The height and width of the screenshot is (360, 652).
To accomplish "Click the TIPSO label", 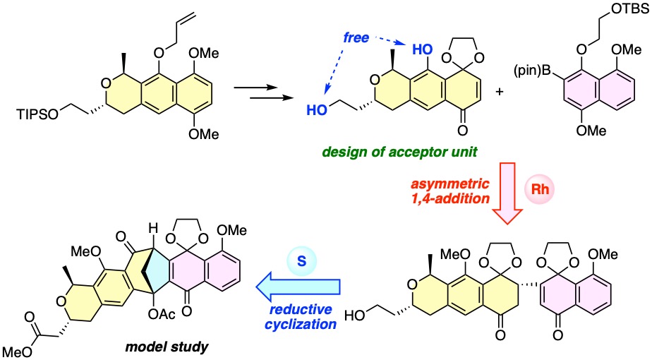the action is (x=38, y=114).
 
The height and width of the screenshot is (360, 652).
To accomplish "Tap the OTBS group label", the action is (x=630, y=8).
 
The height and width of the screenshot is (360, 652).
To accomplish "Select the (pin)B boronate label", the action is (x=532, y=71).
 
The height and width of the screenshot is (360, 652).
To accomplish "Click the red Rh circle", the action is (x=540, y=189).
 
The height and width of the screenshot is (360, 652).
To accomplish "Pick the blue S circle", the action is (x=301, y=261).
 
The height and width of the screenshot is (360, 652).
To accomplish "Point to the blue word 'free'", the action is (x=356, y=37).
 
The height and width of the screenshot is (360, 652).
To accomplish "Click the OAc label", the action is (x=162, y=314).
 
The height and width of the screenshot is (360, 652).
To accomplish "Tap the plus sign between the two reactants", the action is (x=500, y=91).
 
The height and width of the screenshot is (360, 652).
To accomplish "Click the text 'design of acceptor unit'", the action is (x=399, y=152).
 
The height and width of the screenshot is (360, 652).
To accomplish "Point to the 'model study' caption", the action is (x=167, y=347).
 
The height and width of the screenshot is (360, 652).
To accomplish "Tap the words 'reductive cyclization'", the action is (x=301, y=317).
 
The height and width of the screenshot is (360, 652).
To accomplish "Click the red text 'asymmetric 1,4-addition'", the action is (x=450, y=191).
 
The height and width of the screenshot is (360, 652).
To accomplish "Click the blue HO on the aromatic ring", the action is (x=422, y=50).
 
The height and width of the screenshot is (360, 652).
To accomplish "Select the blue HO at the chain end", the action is (x=317, y=110).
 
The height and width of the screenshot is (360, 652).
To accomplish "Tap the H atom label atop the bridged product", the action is (x=153, y=229).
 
